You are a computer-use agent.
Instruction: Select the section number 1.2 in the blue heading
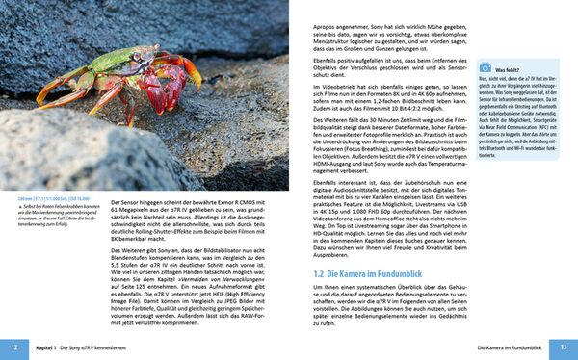[x=320, y=274]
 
